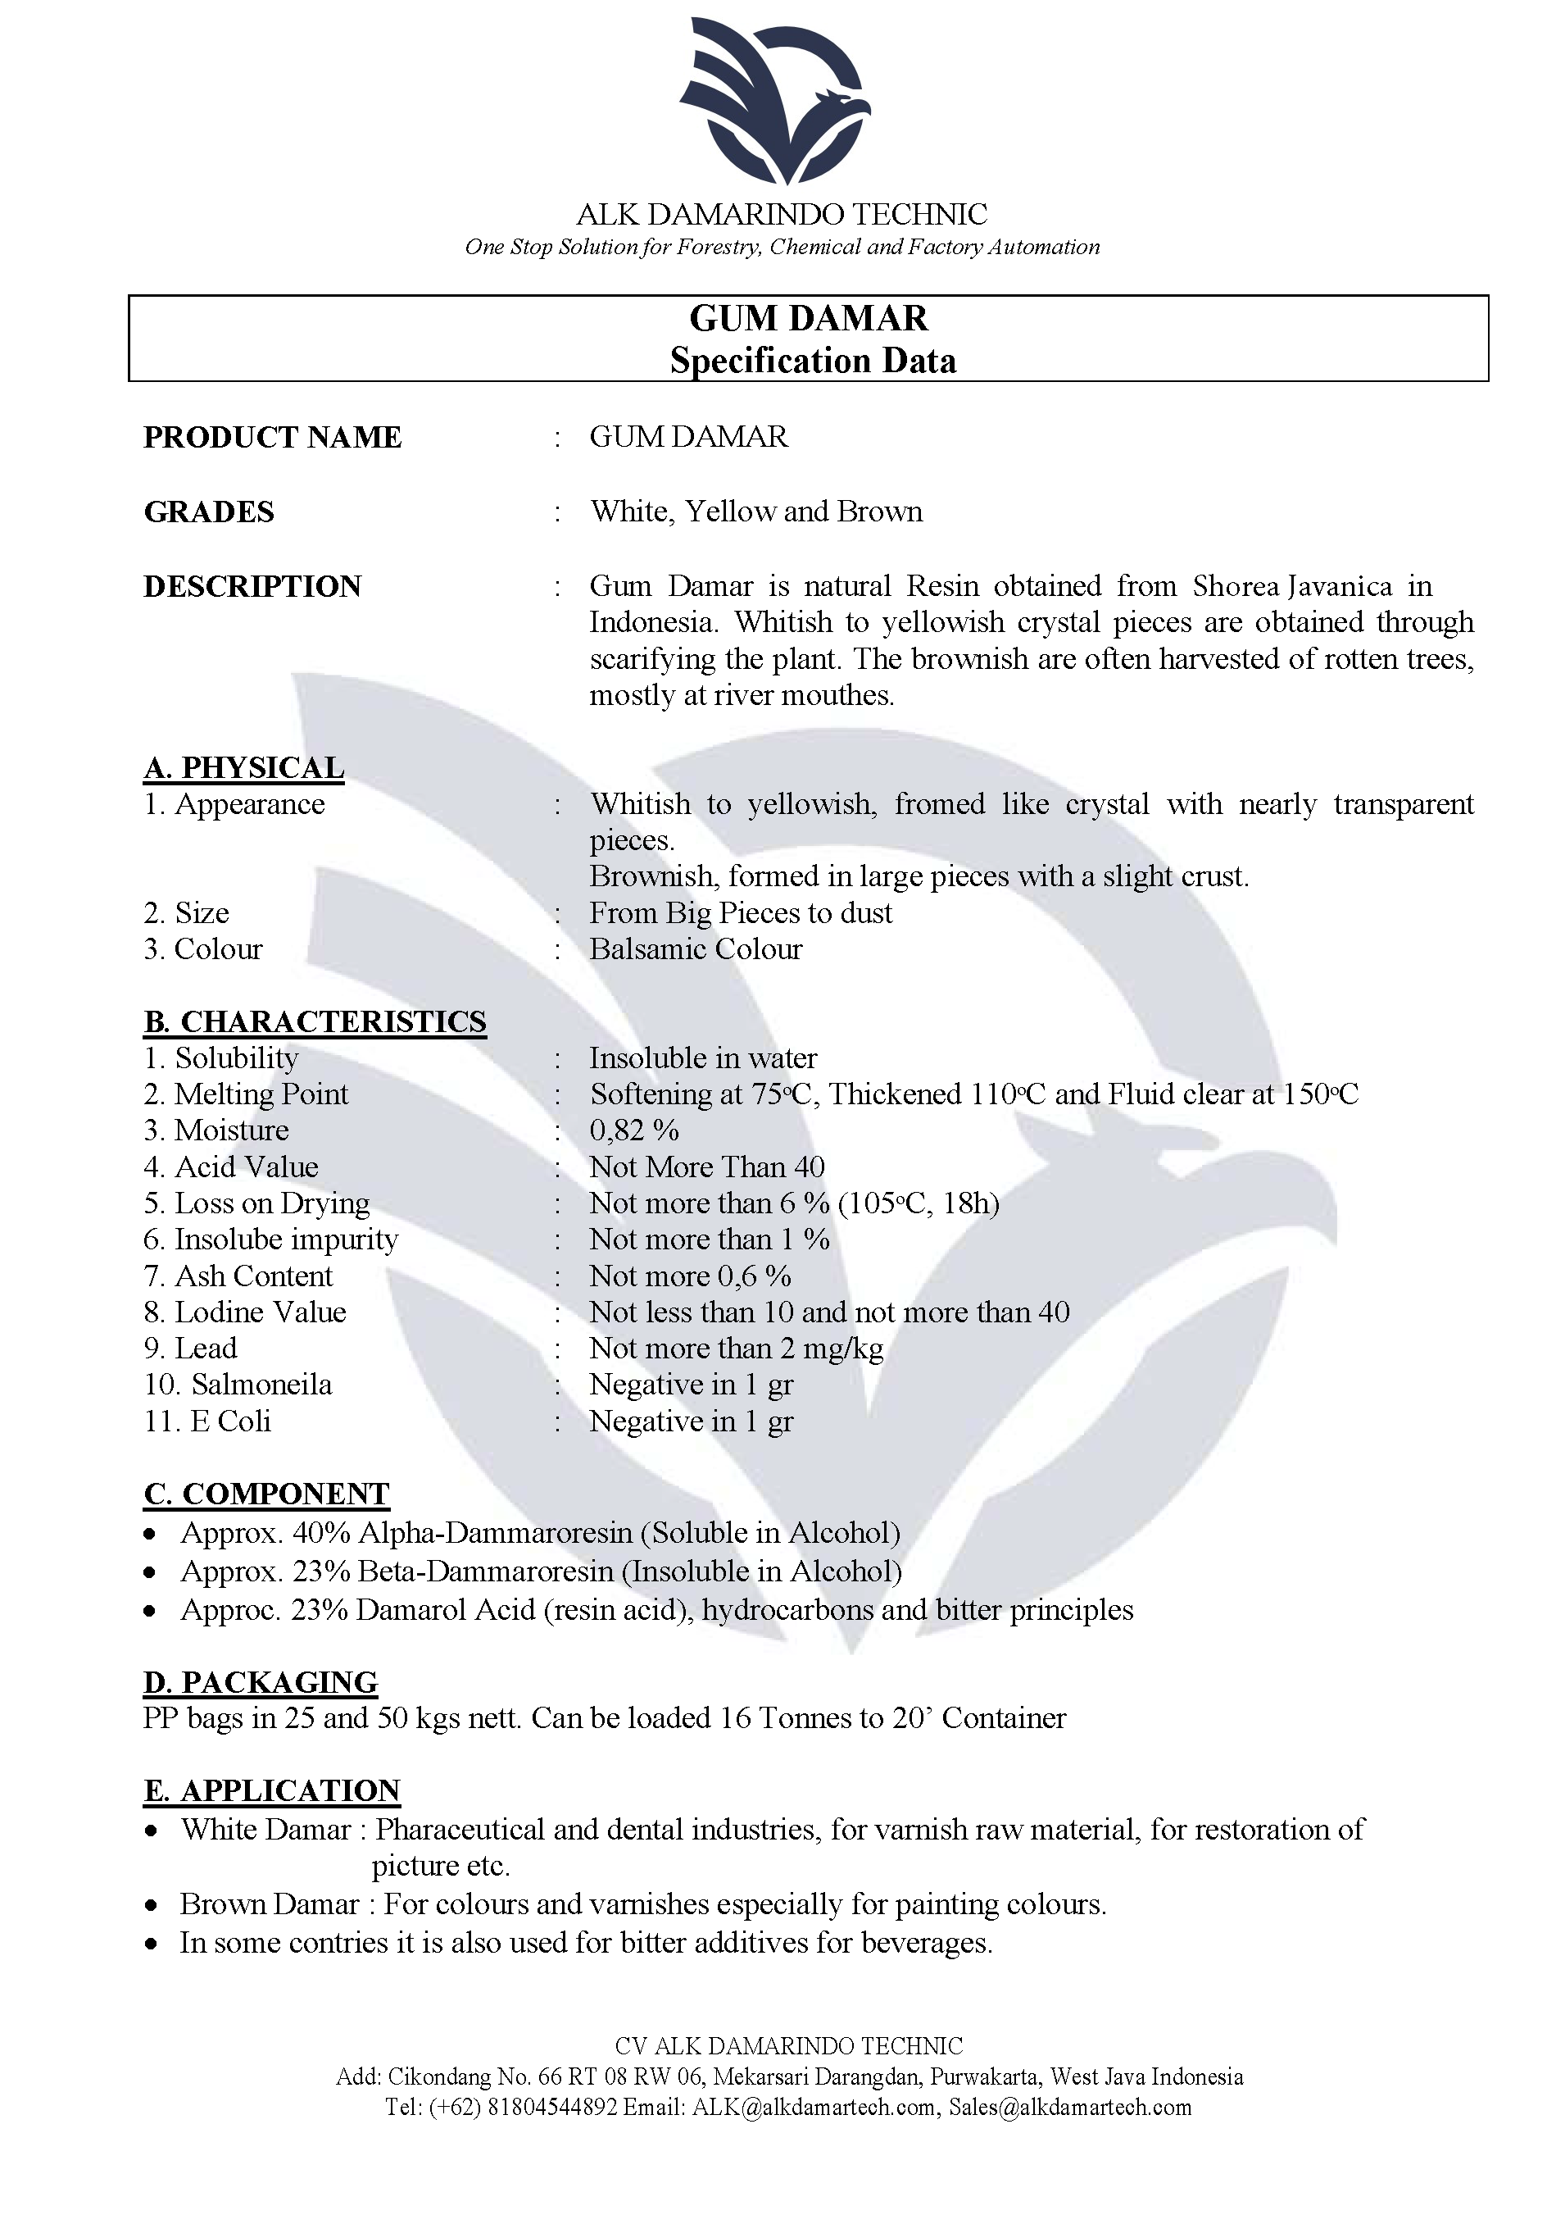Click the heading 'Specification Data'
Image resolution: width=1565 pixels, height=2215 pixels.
[813, 361]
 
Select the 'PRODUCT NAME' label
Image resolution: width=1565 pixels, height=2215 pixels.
[273, 437]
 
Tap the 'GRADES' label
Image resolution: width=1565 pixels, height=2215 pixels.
[209, 512]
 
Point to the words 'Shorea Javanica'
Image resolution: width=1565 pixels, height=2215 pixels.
[1292, 587]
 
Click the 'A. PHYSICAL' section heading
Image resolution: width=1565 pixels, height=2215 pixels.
[244, 768]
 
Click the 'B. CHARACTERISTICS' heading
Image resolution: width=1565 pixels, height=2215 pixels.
[315, 1021]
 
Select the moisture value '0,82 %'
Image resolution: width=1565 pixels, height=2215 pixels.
[634, 1130]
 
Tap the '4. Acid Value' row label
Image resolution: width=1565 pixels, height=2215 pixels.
[231, 1167]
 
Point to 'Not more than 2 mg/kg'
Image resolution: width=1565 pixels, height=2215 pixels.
[736, 1349]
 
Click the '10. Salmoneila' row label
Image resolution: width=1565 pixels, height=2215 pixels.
[238, 1385]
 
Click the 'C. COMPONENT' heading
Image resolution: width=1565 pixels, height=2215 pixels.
[266, 1494]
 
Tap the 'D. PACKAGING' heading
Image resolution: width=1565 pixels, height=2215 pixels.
[261, 1682]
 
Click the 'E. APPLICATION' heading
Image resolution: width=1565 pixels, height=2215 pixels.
[272, 1790]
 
